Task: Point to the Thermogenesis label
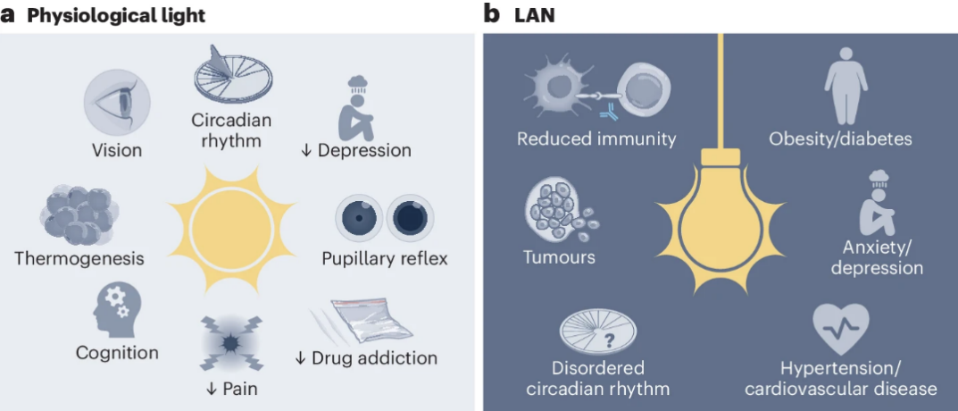(x=79, y=259)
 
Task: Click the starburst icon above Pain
(x=231, y=343)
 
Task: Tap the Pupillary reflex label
(x=385, y=259)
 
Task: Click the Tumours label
(x=559, y=257)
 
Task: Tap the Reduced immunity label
(x=596, y=138)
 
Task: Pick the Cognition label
(x=117, y=353)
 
